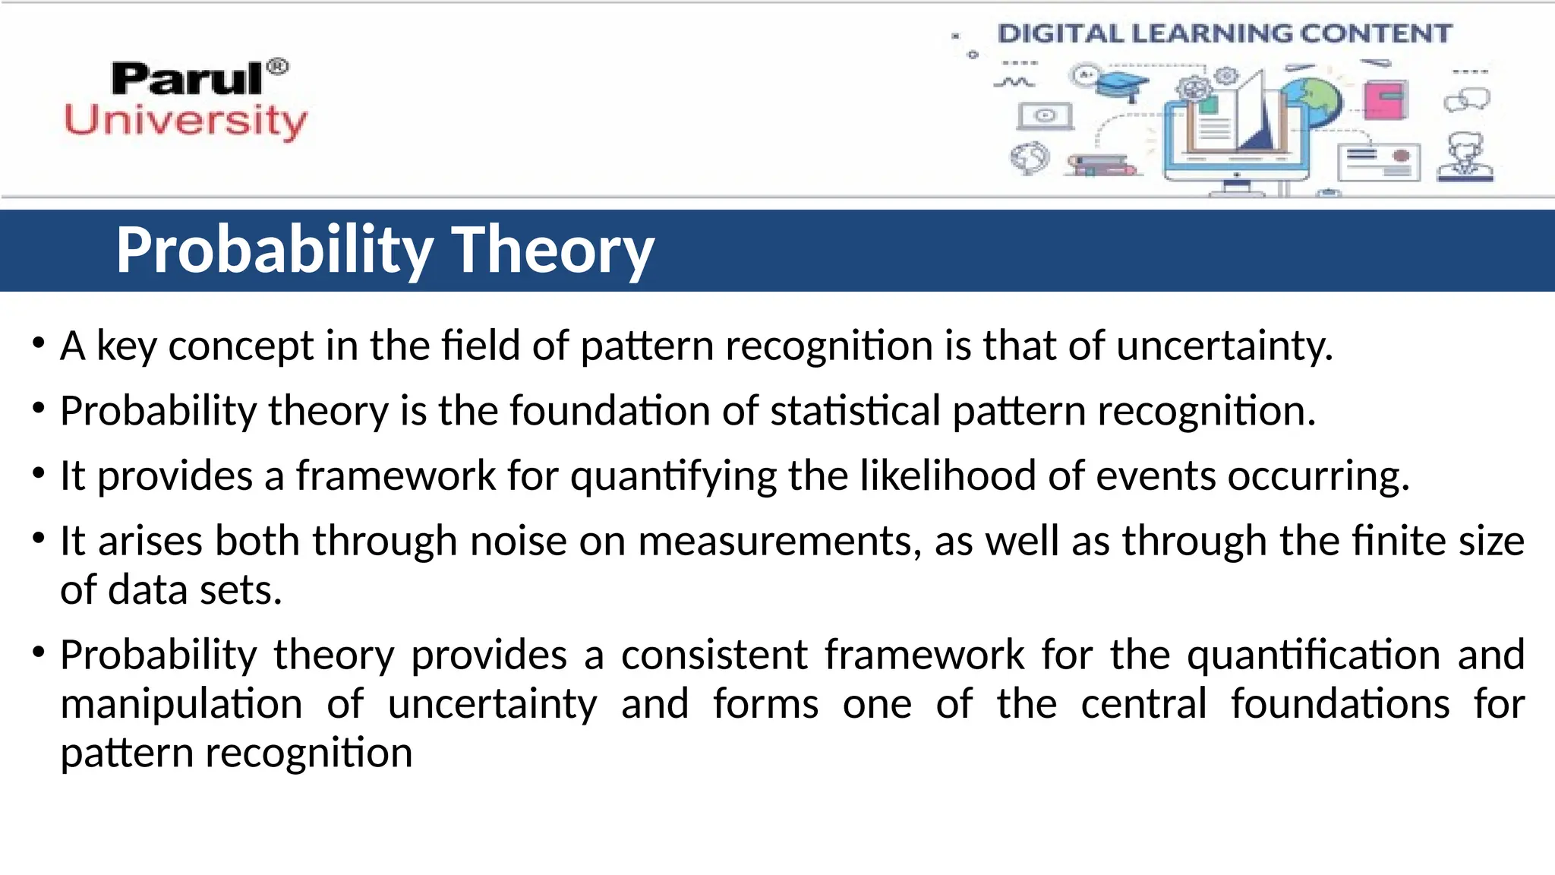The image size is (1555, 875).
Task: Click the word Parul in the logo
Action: click(x=187, y=79)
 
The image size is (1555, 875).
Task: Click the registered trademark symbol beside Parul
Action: click(x=279, y=67)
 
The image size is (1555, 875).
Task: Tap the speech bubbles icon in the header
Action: click(x=1467, y=100)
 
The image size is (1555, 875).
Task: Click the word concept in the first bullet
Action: click(x=241, y=346)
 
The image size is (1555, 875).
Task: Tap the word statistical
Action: click(x=856, y=412)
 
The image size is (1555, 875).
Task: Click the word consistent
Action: click(x=714, y=655)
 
